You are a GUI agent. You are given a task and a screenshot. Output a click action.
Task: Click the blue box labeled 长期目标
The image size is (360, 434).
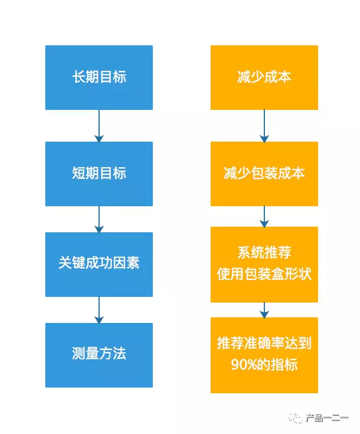coord(99,78)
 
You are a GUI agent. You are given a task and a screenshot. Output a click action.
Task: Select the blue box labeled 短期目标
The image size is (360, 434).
coord(99,174)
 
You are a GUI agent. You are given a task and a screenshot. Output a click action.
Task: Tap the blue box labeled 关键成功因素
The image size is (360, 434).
coord(99,265)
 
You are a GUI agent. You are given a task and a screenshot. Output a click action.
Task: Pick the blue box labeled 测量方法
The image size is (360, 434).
coord(99,355)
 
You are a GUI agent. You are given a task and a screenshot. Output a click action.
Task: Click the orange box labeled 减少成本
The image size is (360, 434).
coord(264,78)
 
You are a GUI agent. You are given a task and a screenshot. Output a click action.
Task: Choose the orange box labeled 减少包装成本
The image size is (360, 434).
coord(264,174)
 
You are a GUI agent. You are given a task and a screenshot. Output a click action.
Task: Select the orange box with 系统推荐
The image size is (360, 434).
coord(264,265)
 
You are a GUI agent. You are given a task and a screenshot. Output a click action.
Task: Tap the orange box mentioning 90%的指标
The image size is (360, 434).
coord(264,355)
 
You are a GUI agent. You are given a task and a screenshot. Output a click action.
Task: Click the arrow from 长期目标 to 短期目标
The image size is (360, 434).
coord(99,126)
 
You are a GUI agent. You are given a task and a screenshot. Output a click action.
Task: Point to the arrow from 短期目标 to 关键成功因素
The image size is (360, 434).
coord(99,219)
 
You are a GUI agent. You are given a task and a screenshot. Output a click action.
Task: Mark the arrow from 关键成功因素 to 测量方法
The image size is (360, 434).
coord(99,310)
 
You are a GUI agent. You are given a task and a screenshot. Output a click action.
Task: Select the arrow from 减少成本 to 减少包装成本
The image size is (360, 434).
coord(264,126)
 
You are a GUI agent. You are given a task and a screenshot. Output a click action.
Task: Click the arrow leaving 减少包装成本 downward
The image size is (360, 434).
coord(264,216)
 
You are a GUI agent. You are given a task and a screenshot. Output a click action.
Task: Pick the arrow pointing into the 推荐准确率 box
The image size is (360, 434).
coord(264,310)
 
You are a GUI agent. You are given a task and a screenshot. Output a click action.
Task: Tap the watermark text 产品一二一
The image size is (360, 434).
coord(327,418)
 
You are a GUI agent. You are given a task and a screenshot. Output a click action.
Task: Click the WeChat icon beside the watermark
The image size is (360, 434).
coord(295,418)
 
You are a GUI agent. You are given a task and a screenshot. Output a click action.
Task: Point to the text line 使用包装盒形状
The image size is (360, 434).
coord(264,274)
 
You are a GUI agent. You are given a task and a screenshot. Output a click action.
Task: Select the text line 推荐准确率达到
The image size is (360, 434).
coord(264,343)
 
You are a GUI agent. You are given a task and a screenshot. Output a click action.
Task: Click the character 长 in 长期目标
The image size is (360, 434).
coord(79,76)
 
